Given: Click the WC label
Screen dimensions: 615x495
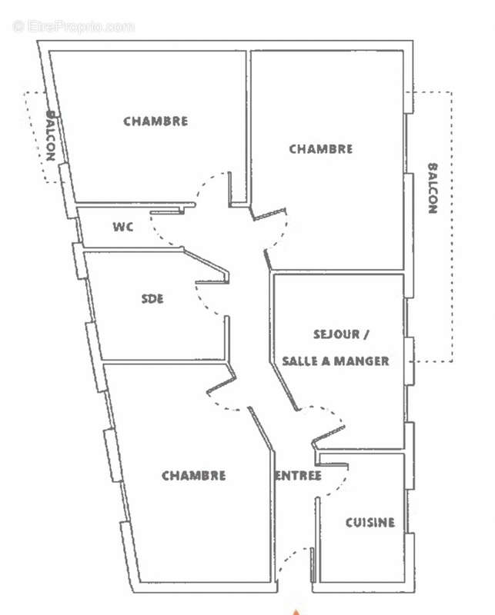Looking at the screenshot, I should coord(123,227).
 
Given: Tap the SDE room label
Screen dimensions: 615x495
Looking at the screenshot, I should coord(152,298).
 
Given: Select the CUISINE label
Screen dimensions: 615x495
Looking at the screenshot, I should coord(370,523).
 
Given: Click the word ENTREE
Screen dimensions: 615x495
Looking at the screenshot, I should coord(298,476).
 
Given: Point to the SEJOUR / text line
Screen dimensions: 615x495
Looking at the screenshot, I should coord(341,334).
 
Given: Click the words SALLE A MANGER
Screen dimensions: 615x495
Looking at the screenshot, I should coord(335,361).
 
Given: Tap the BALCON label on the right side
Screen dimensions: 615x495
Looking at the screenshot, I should coord(432,188).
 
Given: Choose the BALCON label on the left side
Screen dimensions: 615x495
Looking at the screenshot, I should coord(50,135).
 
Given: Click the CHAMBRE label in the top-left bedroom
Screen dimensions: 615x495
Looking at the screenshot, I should coord(156,121).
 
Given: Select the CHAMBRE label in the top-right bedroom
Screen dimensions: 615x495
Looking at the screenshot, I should coord(320,149).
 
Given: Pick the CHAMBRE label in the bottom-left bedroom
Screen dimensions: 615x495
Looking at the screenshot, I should coord(193,476).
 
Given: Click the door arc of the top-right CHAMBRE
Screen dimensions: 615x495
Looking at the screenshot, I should coord(281,231).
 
